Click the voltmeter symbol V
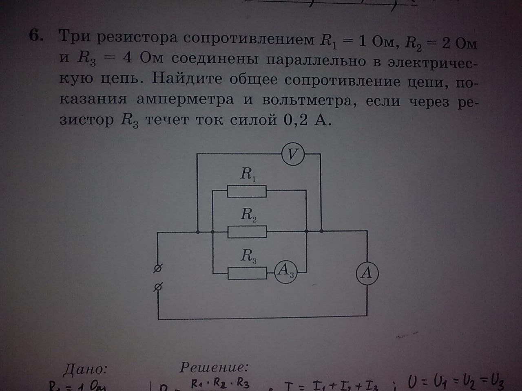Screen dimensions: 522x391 coord(293,154)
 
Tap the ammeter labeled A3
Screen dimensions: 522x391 coord(285,270)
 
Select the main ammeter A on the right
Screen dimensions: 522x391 coord(367,273)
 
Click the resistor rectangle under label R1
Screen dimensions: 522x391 coord(246,191)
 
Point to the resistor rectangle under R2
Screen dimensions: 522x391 coord(247,231)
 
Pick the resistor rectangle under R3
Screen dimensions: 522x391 coord(247,273)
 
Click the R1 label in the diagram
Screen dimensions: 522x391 coord(248,174)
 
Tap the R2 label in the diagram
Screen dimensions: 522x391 coord(248,214)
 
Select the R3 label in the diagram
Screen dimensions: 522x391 coord(248,256)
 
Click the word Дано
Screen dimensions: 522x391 coord(85,369)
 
